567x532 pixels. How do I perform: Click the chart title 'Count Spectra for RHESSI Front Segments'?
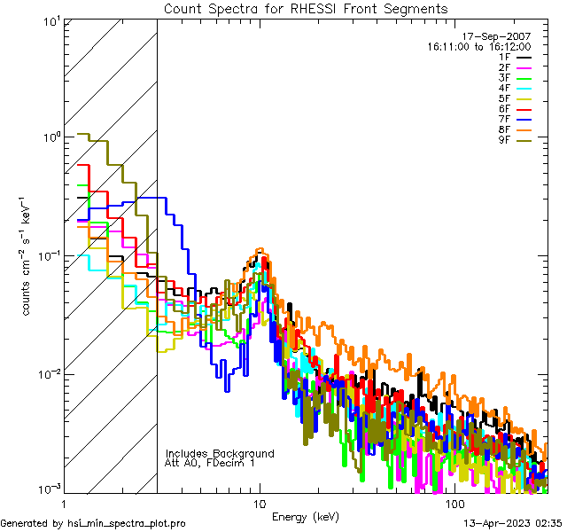(x=306, y=9)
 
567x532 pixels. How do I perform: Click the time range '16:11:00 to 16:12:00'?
(x=478, y=46)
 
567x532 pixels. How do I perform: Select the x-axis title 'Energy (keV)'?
(x=304, y=517)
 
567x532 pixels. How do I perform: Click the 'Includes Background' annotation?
(x=220, y=453)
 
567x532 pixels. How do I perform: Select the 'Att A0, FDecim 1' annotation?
(x=210, y=463)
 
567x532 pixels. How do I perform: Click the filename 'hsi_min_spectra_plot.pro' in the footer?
(x=127, y=524)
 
